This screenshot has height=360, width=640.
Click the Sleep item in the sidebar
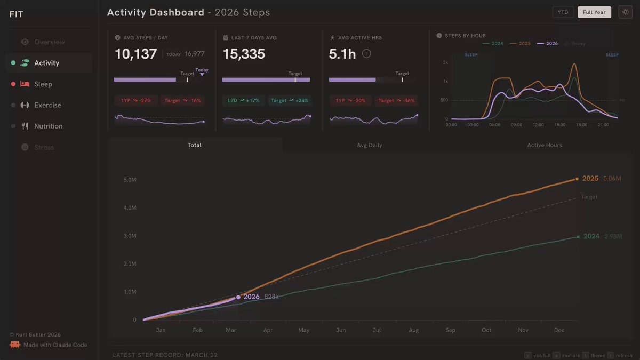tap(43, 84)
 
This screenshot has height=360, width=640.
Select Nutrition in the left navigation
tap(48, 126)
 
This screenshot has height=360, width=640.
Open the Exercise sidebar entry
tap(47, 105)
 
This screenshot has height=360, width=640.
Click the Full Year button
tap(594, 12)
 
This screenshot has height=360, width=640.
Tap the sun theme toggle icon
tap(625, 12)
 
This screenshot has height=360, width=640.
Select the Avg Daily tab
tap(369, 145)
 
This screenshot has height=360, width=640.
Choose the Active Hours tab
tap(545, 145)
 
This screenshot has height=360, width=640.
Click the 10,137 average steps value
tap(136, 54)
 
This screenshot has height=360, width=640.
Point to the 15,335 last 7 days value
tap(244, 54)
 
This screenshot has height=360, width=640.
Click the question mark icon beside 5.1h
tap(366, 53)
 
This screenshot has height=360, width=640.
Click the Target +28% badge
tap(289, 100)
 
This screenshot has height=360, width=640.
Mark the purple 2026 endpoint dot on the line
tap(238, 297)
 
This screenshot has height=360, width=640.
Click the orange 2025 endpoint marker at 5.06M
tap(577, 179)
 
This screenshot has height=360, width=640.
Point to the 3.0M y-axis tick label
tap(130, 236)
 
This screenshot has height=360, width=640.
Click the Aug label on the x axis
tap(413, 330)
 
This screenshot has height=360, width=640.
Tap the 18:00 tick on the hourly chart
tap(581, 125)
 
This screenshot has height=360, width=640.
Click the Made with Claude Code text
tap(55, 345)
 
